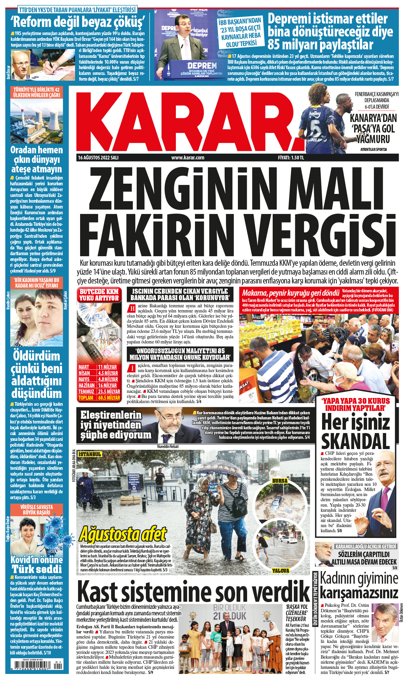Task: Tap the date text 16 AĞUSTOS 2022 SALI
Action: pos(98,158)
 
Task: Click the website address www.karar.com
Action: pos(188,158)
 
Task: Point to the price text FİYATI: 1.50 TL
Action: pos(291,158)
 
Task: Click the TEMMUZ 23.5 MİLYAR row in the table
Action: pos(99,391)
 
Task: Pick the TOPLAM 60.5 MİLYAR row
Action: pos(99,398)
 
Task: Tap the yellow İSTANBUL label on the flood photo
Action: pos(90,454)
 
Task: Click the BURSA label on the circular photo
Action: pos(280,481)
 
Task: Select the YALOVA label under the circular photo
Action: pos(281,570)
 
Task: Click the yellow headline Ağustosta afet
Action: pos(123,535)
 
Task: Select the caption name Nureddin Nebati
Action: pos(168,446)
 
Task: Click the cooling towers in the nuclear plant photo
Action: pos(51,121)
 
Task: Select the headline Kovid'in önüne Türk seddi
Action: pos(36,565)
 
